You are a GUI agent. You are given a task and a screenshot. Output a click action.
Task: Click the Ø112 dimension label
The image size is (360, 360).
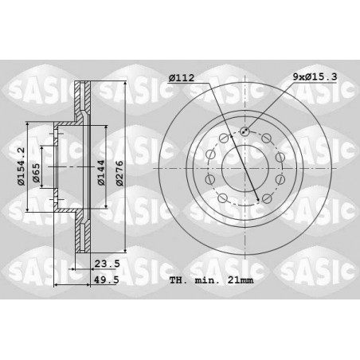coord(182,78)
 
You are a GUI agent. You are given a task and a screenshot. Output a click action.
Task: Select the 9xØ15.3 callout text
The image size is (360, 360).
coord(315,77)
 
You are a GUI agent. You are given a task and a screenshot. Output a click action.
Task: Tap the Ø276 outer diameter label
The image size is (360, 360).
coord(120,173)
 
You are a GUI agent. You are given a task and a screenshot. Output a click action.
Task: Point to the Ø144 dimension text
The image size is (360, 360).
coord(101,173)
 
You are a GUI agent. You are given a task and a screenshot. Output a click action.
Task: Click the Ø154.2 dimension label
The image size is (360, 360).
coord(21,166)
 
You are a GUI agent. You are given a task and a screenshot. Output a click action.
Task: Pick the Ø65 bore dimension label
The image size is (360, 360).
coord(37,173)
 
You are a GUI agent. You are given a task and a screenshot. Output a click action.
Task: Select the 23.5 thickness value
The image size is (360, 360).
coord(108,264)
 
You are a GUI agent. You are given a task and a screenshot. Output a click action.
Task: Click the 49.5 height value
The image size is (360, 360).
coord(108,280)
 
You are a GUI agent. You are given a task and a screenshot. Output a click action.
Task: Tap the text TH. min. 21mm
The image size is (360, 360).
coord(212,280)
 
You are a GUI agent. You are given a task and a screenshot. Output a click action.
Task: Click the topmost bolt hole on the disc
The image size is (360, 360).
coord(245,131)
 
